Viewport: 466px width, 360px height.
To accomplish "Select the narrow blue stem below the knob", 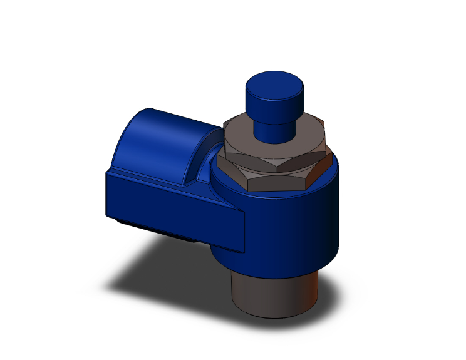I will click(273, 131).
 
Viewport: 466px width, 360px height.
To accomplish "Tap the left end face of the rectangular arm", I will click(108, 194).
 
